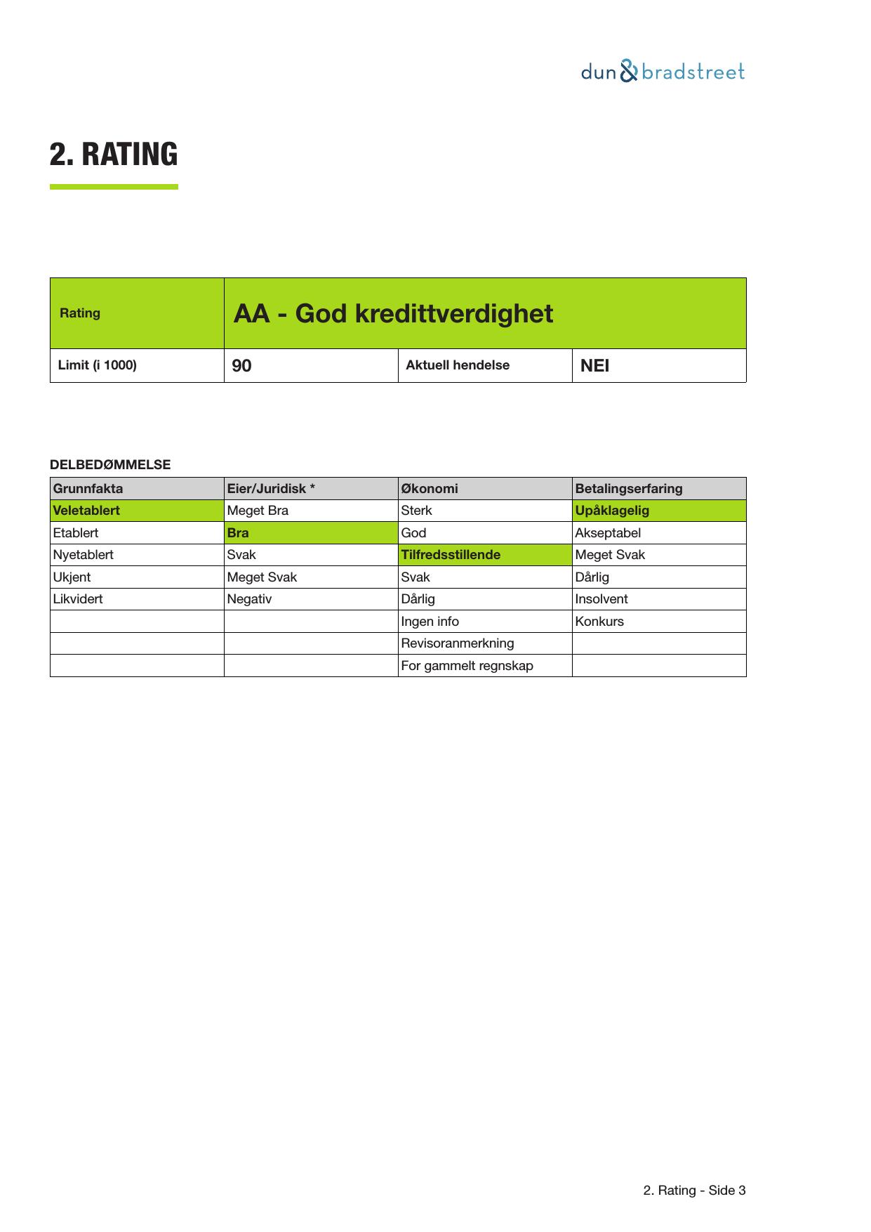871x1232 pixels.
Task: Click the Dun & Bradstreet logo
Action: [663, 72]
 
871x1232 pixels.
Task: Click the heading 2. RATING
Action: [114, 155]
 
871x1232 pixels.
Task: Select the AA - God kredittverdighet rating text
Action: [393, 313]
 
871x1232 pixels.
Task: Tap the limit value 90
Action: [242, 366]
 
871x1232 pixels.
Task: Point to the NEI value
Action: [595, 366]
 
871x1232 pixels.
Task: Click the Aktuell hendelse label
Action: [458, 365]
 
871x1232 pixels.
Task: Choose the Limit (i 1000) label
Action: [98, 365]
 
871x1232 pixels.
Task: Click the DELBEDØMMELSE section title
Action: [110, 465]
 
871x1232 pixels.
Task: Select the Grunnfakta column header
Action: [88, 489]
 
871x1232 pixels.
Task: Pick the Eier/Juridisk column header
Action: [271, 489]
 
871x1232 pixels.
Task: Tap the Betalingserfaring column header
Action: [629, 489]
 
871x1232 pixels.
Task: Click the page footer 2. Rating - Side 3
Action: [694, 1191]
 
